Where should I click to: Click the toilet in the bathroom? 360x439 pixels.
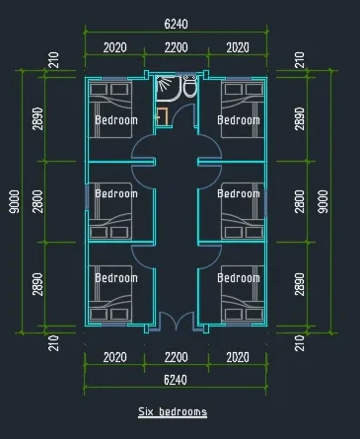189,86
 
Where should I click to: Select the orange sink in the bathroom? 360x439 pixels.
162,116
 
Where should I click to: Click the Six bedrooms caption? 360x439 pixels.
173,411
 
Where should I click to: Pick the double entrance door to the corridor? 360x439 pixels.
177,321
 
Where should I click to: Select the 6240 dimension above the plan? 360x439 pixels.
176,24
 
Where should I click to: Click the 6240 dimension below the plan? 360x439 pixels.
176,380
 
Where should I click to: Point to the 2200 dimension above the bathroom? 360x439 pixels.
177,47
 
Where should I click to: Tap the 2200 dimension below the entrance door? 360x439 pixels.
177,357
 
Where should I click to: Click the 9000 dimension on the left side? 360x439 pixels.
14,201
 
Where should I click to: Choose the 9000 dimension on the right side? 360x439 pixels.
324,201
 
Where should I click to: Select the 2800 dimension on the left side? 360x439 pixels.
37,201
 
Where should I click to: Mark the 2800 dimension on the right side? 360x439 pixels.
300,201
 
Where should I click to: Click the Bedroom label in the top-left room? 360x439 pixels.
116,120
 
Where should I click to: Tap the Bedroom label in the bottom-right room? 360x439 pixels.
239,278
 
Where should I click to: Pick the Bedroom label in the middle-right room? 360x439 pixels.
239,193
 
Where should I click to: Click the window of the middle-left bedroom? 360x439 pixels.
87,197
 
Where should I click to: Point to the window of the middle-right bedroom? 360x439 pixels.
265,204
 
